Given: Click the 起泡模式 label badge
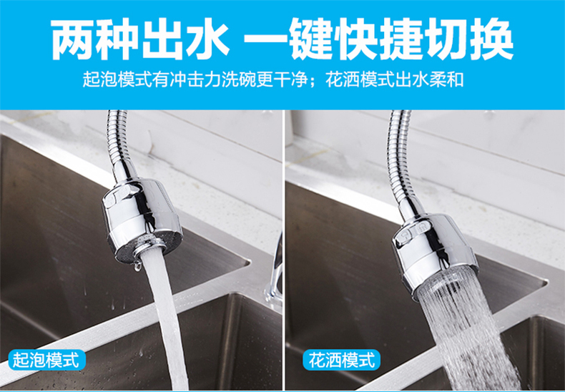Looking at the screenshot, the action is tap(46, 360).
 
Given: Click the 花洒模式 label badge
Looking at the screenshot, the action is tap(342, 360).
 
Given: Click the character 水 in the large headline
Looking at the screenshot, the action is tap(207, 39).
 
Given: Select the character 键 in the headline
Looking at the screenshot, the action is tap(311, 39).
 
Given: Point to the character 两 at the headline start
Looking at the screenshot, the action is tap(73, 39).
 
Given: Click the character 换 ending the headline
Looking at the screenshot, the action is tap(491, 39).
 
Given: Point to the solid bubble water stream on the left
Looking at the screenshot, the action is tap(167, 317).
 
